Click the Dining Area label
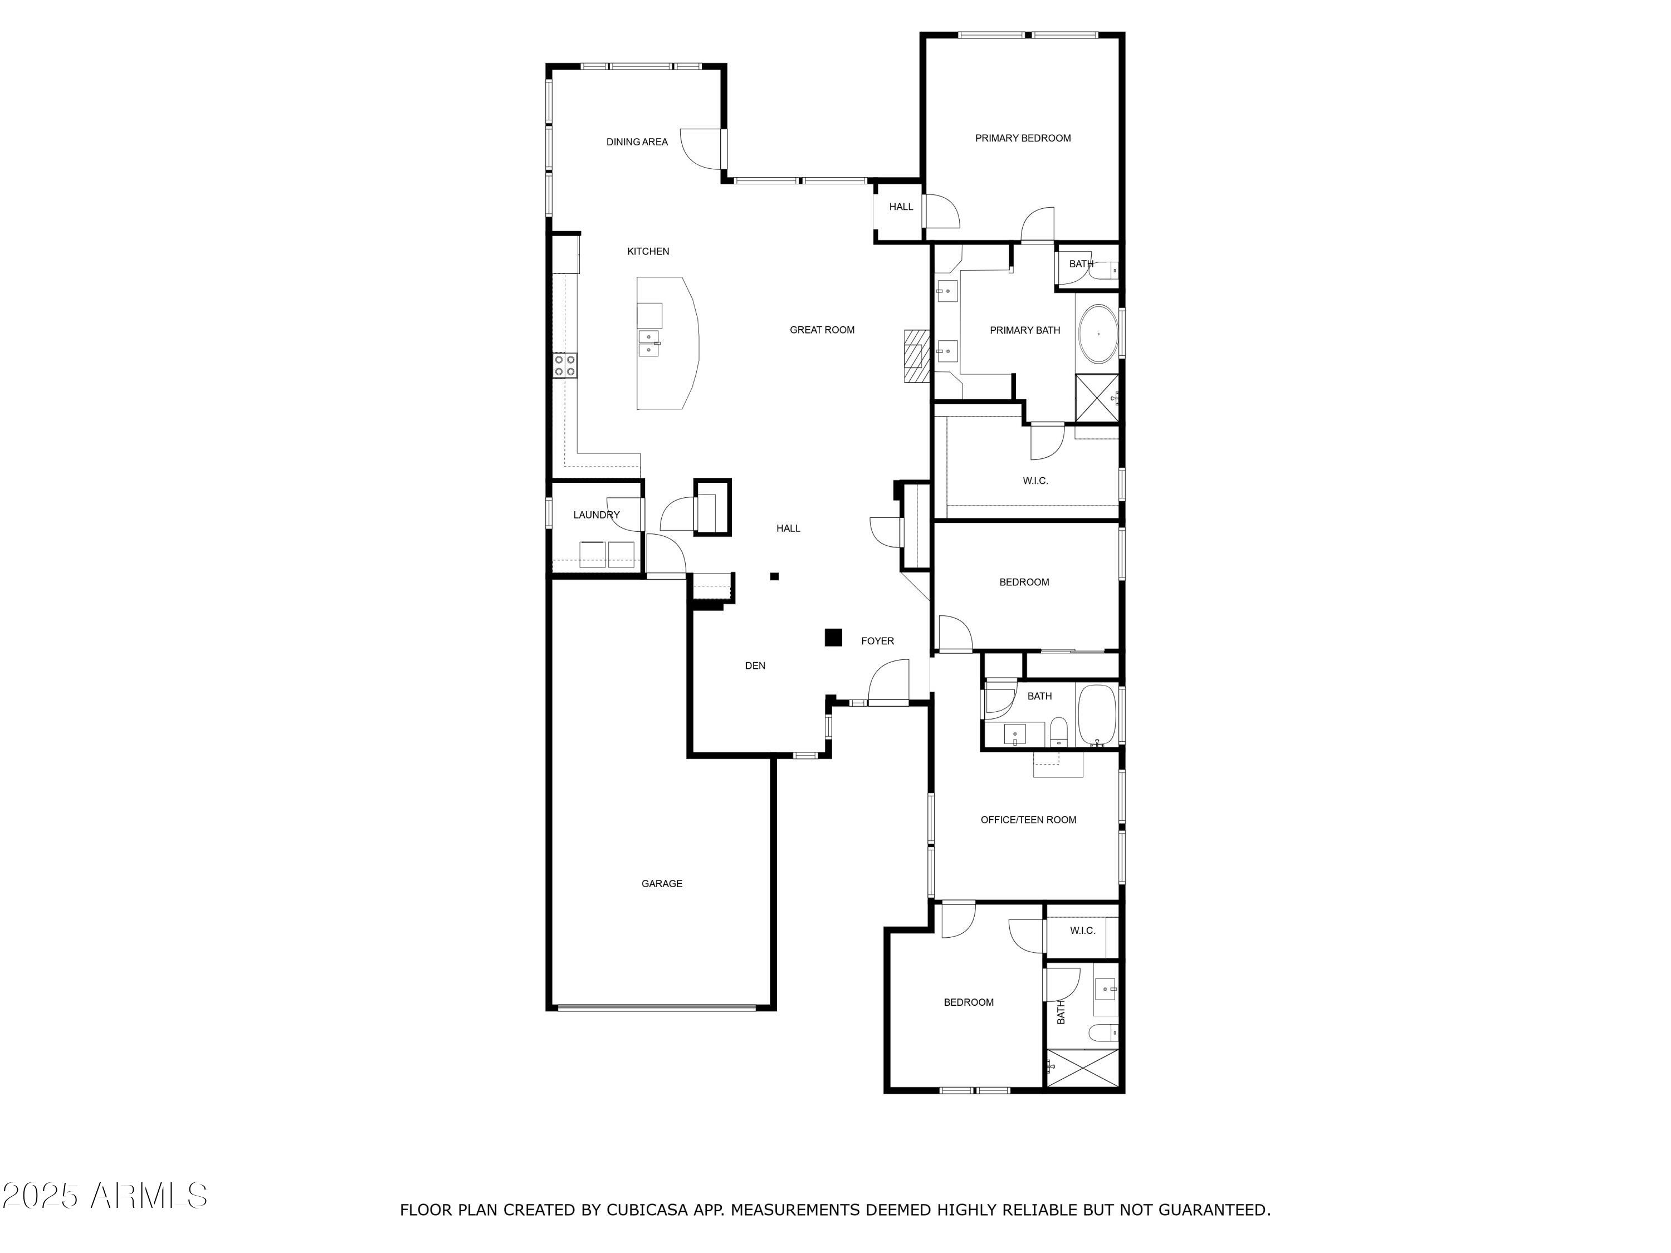(x=637, y=142)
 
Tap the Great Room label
(x=822, y=330)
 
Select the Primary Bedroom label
(x=1022, y=138)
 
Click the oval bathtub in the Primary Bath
(x=1098, y=334)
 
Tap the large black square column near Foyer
(x=833, y=638)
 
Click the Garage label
(x=662, y=884)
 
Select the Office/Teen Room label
(x=1028, y=820)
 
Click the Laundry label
(x=596, y=515)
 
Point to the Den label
(x=755, y=665)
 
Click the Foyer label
(x=877, y=640)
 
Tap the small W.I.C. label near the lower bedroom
(x=1082, y=931)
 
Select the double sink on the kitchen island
(x=649, y=343)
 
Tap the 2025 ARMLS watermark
(x=104, y=1196)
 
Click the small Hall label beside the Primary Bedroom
(x=901, y=207)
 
